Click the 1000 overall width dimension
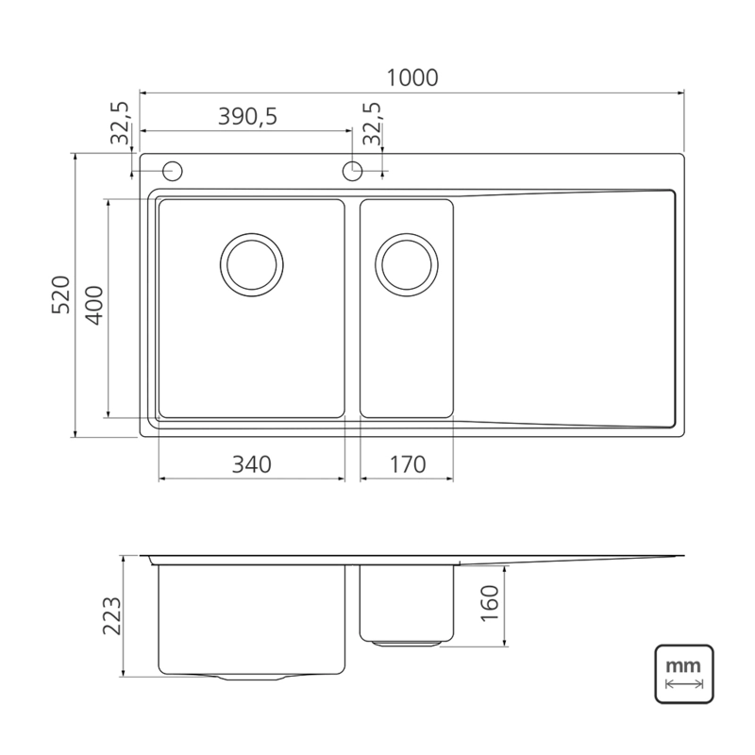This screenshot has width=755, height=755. pyautogui.click(x=412, y=78)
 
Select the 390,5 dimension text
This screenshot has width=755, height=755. pyautogui.click(x=247, y=116)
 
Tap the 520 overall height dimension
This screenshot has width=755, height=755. pyautogui.click(x=61, y=294)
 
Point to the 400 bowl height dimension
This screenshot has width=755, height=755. pyautogui.click(x=93, y=306)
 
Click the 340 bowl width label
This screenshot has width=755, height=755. pyautogui.click(x=252, y=464)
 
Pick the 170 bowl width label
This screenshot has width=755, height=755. pyautogui.click(x=408, y=464)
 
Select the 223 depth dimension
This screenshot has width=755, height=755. pyautogui.click(x=112, y=616)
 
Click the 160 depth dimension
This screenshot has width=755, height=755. pyautogui.click(x=490, y=603)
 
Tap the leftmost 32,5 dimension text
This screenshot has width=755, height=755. pyautogui.click(x=121, y=123)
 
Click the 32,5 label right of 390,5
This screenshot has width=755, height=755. pyautogui.click(x=372, y=123)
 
